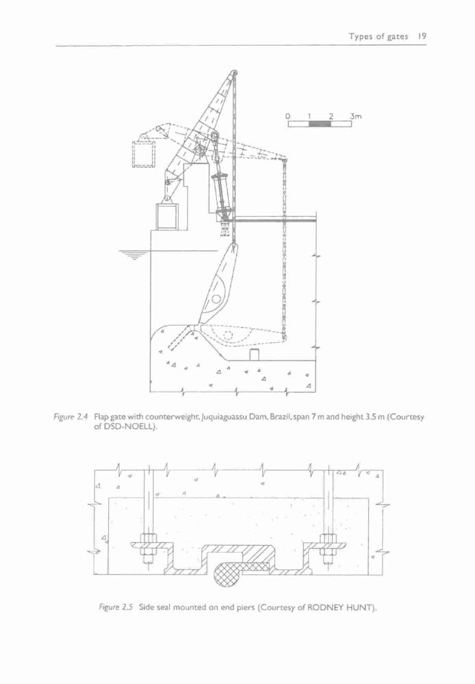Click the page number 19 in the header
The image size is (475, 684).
tap(422, 37)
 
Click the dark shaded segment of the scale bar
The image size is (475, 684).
tap(320, 124)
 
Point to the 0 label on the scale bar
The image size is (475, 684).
tap(288, 116)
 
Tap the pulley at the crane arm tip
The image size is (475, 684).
tap(235, 73)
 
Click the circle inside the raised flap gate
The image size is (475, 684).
tap(216, 299)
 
